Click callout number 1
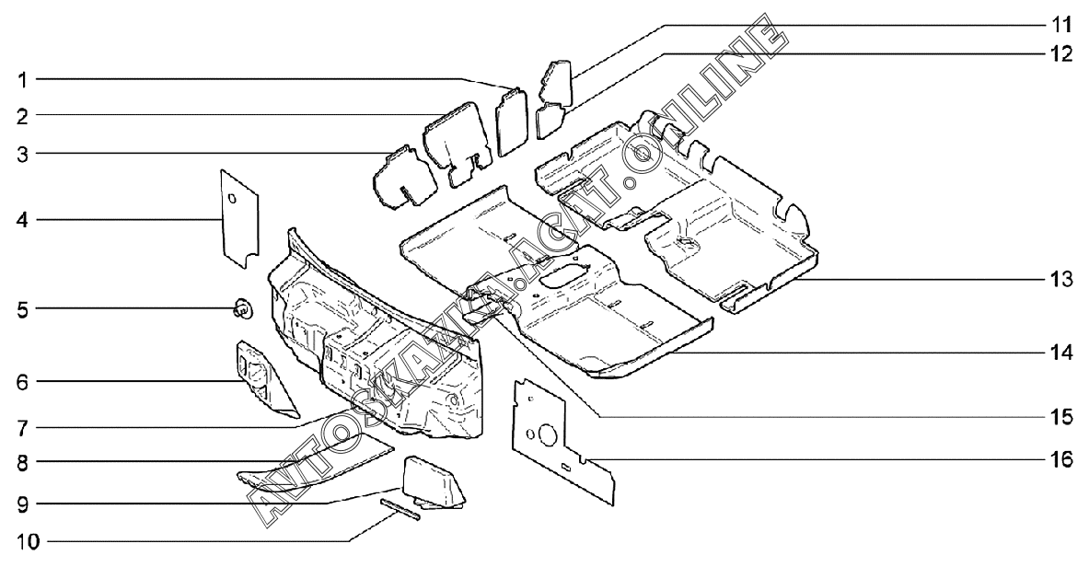pyautogui.click(x=21, y=80)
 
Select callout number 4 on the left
pyautogui.click(x=21, y=220)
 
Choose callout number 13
pyautogui.click(x=1062, y=279)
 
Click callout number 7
pyautogui.click(x=21, y=427)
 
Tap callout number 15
pyautogui.click(x=1062, y=417)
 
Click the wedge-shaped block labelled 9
pyautogui.click(x=433, y=480)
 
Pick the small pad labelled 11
pyautogui.click(x=558, y=79)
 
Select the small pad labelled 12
pyautogui.click(x=549, y=118)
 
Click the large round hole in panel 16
pyautogui.click(x=546, y=434)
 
